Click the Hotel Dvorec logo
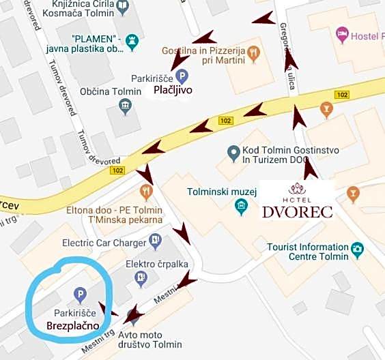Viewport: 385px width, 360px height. [297, 200]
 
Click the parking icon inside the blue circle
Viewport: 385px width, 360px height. [80, 295]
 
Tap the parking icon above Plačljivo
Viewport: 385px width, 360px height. [180, 76]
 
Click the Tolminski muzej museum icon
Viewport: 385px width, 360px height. [240, 205]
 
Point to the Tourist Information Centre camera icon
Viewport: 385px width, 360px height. [356, 250]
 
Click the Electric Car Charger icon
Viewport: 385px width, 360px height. [155, 241]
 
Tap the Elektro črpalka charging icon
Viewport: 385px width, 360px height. [141, 277]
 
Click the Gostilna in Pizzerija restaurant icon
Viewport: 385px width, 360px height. [253, 52]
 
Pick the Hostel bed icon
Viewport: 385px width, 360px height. [342, 33]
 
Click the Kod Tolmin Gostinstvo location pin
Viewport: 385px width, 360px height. [234, 151]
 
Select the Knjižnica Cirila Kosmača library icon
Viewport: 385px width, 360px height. [122, 8]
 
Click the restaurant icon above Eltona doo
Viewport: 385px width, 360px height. [145, 191]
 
